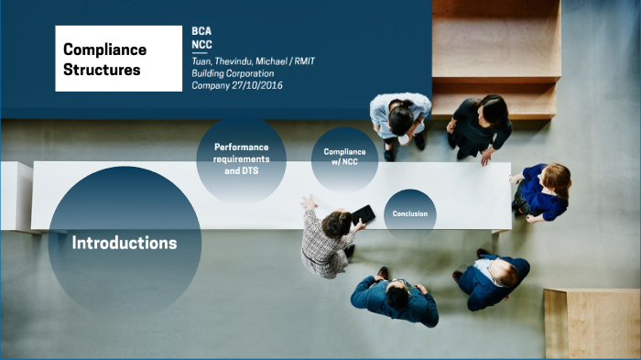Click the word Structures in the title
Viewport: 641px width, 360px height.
pos(103,69)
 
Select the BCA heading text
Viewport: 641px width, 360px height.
pos(201,31)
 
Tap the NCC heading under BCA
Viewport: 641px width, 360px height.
pos(201,45)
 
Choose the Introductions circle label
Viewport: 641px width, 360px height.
pos(124,243)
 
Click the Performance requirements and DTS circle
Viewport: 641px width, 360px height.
pos(242,158)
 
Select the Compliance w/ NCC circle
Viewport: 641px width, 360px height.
pos(344,158)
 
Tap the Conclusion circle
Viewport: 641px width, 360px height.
pos(409,213)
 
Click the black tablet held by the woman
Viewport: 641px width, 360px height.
pos(364,214)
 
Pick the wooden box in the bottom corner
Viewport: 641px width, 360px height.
pos(592,323)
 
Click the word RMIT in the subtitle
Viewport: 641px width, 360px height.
pos(301,60)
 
